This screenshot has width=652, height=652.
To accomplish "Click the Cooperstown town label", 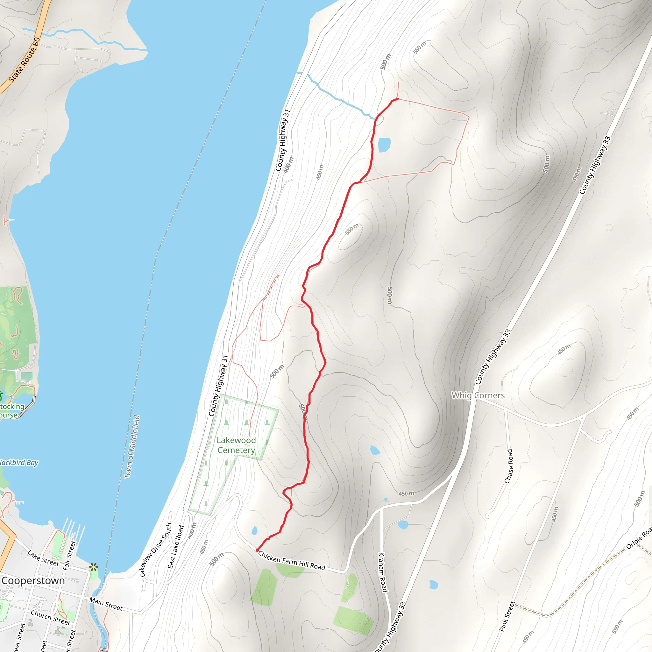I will tap(33, 581).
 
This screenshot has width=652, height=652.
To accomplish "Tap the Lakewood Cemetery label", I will tap(236, 445).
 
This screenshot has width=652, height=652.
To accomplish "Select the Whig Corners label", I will tap(478, 395).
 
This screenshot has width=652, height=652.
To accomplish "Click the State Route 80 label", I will tap(24, 60).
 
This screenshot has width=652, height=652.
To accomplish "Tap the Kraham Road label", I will tap(382, 572).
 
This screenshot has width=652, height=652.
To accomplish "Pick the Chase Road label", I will tap(508, 466).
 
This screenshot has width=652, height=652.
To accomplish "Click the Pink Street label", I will tap(507, 616).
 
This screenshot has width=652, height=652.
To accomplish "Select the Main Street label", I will tap(106, 604).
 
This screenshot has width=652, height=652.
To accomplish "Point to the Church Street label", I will tap(51, 617).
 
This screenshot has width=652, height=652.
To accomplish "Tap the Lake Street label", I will tap(43, 558).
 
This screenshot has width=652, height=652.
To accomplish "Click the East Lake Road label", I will tap(176, 546).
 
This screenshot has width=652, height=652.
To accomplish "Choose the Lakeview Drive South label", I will tap(156, 550).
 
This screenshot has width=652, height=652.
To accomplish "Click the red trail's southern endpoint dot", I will tap(257, 550).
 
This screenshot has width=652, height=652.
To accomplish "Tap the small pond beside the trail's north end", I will tap(384, 145).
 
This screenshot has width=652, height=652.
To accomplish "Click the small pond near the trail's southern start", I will tap(254, 531).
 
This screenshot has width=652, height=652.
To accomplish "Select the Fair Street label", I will tap(69, 556).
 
